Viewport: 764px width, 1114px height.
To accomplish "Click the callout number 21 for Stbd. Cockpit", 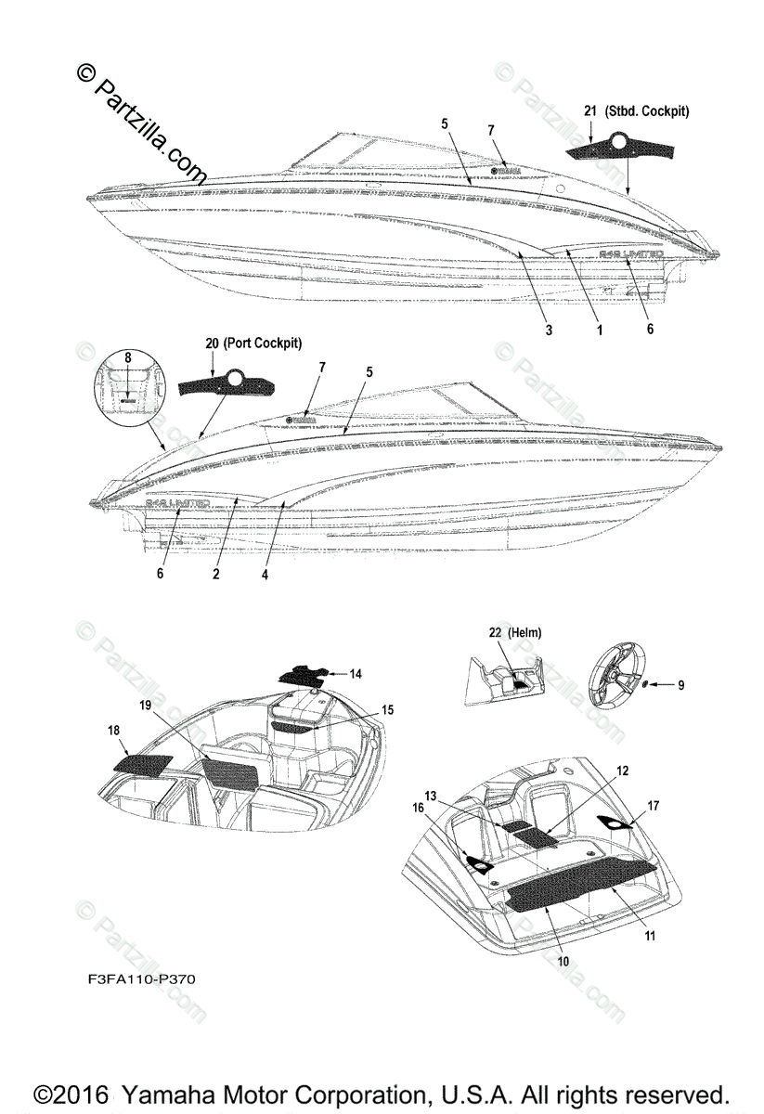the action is [x=589, y=111].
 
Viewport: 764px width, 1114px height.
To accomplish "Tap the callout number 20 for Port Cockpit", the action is [x=213, y=343].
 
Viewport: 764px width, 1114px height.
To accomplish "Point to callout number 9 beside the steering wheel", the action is [x=680, y=685].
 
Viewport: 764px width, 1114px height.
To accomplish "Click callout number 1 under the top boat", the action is [x=600, y=330].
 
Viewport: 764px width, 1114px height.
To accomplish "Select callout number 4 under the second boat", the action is [x=265, y=575].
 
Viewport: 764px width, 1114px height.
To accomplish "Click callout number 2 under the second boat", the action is [x=215, y=575].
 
